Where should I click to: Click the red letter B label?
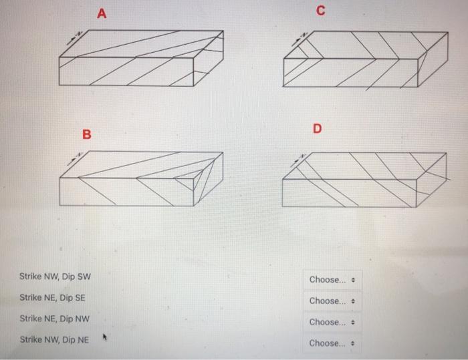pyautogui.click(x=86, y=135)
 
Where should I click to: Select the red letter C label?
pyautogui.click(x=321, y=11)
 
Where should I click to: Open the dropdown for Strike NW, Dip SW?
pyautogui.click(x=334, y=279)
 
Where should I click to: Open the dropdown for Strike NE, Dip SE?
pyautogui.click(x=334, y=301)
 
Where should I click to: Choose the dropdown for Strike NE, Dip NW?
pyautogui.click(x=334, y=322)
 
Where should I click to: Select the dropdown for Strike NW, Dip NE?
pyautogui.click(x=334, y=343)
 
